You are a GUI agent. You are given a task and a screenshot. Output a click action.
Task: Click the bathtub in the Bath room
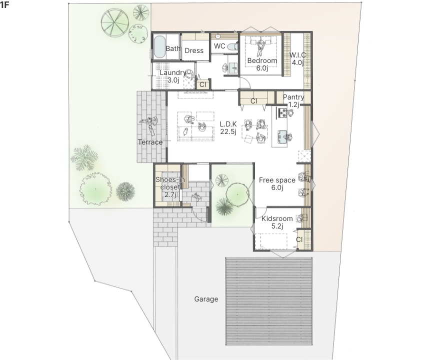click(x=159, y=47)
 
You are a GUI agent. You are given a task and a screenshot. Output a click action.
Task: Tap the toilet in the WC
click(x=232, y=47)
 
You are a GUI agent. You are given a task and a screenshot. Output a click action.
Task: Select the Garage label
click(x=206, y=299)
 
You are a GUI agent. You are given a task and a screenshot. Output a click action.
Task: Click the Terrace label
click(x=150, y=142)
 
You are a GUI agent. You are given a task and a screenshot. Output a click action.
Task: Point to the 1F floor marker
click(x=4, y=4)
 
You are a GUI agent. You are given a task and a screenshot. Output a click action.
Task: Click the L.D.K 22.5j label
click(x=228, y=127)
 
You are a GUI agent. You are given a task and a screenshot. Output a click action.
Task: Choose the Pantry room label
click(x=293, y=97)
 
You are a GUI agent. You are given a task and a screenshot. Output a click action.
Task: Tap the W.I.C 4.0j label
click(x=297, y=59)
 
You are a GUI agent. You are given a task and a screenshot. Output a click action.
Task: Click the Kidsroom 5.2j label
click(x=277, y=222)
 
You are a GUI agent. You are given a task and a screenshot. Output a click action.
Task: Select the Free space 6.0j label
click(x=277, y=183)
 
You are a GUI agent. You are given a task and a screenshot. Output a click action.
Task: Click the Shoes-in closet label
click(x=170, y=187)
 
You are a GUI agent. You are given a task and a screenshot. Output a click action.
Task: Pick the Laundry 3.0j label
click(x=173, y=76)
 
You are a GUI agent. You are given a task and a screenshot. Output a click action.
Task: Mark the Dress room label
click(x=194, y=50)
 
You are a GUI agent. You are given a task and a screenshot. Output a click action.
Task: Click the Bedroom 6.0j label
click(x=262, y=64)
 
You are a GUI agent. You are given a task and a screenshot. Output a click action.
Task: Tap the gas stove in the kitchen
click(x=282, y=112)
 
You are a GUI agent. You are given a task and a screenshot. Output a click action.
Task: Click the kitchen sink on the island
click(x=282, y=136)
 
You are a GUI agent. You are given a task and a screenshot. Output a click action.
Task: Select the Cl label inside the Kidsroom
click(x=299, y=239)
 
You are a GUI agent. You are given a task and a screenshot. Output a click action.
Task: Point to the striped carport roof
click(x=269, y=301)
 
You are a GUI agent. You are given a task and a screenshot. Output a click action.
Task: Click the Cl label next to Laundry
click(x=202, y=84)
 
